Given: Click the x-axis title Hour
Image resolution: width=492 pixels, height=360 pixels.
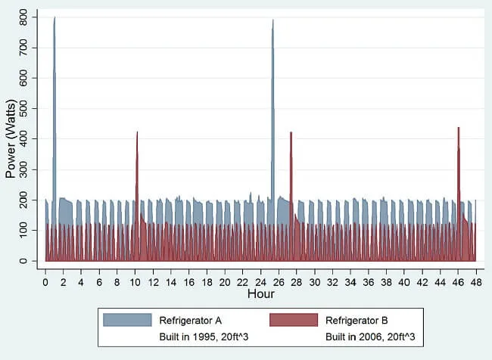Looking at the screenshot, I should pos(260,293).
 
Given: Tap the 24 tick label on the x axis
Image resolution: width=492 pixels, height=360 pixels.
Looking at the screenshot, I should pos(260,281).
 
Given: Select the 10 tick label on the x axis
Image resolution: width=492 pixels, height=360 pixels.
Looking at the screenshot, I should pos(135,281).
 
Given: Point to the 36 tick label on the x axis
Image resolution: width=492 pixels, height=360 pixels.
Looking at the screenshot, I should pos(368,281).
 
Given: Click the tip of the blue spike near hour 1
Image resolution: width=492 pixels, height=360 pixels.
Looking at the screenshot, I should pos(54,17).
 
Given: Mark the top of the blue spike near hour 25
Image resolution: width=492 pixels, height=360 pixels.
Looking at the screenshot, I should pos(272,20).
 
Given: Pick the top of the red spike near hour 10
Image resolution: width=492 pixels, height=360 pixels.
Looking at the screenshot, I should pos(137,132).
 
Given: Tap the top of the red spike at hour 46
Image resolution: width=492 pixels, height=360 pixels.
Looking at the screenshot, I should pos(459,128).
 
